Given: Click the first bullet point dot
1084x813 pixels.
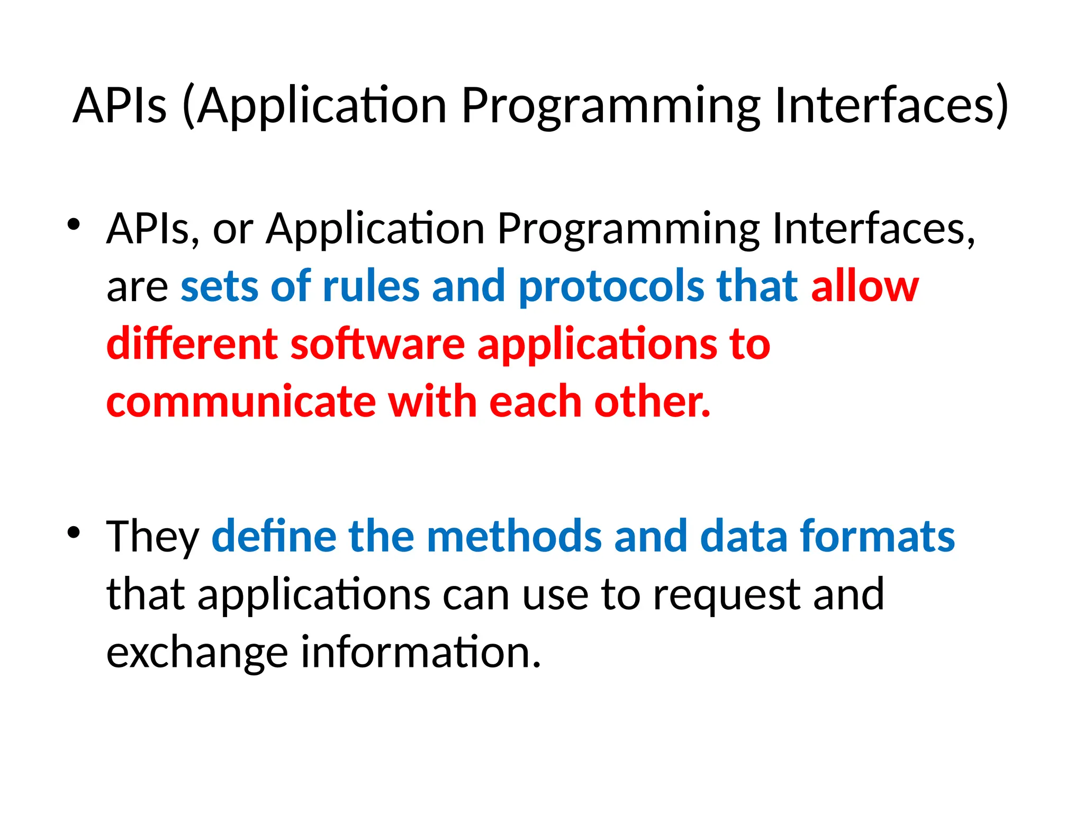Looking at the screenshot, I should coord(74,224).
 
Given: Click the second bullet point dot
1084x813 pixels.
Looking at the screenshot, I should coord(74,532).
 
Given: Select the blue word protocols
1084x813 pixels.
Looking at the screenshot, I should coord(611,287).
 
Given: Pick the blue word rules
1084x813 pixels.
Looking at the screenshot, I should coord(371,287).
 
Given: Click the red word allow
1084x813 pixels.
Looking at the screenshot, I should coord(864,287).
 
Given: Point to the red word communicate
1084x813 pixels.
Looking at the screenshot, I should coord(241,402).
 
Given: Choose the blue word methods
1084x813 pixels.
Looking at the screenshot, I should coord(514,537).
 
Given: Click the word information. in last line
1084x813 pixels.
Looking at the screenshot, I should coord(421,652).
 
